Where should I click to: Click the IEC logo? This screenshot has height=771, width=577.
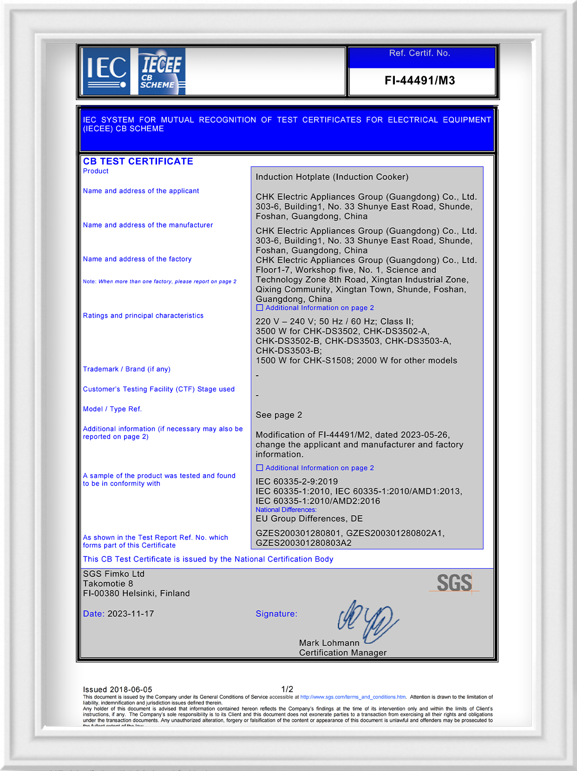(106, 71)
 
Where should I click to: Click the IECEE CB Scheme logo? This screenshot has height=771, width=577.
(161, 71)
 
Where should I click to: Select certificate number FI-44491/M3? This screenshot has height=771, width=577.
(420, 81)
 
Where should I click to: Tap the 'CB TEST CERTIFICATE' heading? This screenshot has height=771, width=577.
(138, 162)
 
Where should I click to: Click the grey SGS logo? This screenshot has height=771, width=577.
(454, 583)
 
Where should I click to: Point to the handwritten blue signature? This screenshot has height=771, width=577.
(367, 621)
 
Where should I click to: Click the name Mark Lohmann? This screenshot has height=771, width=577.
(329, 643)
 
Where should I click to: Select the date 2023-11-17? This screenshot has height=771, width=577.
(131, 614)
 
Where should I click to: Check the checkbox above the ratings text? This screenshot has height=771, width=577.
(260, 308)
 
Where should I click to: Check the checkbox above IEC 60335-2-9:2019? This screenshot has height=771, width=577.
(260, 468)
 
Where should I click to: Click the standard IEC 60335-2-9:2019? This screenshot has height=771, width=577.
(296, 482)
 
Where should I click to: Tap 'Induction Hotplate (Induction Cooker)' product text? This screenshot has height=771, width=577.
(332, 177)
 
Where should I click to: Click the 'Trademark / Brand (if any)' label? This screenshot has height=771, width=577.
(126, 369)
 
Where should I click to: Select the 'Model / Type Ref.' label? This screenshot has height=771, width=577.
(112, 409)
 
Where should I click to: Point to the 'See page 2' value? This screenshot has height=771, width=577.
(279, 415)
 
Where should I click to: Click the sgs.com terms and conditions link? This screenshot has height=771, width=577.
(353, 697)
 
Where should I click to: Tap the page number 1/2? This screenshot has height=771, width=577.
(287, 689)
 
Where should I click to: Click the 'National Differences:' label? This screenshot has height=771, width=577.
(286, 510)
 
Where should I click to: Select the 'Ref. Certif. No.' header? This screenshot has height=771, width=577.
(420, 53)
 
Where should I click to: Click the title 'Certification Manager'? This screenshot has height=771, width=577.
(342, 653)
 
